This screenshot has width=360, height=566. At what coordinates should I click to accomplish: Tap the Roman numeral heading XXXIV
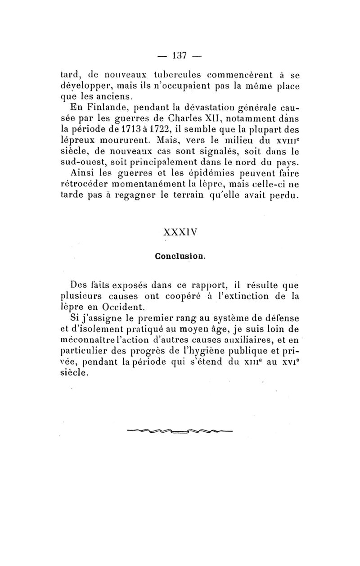pyautogui.click(x=180, y=234)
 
